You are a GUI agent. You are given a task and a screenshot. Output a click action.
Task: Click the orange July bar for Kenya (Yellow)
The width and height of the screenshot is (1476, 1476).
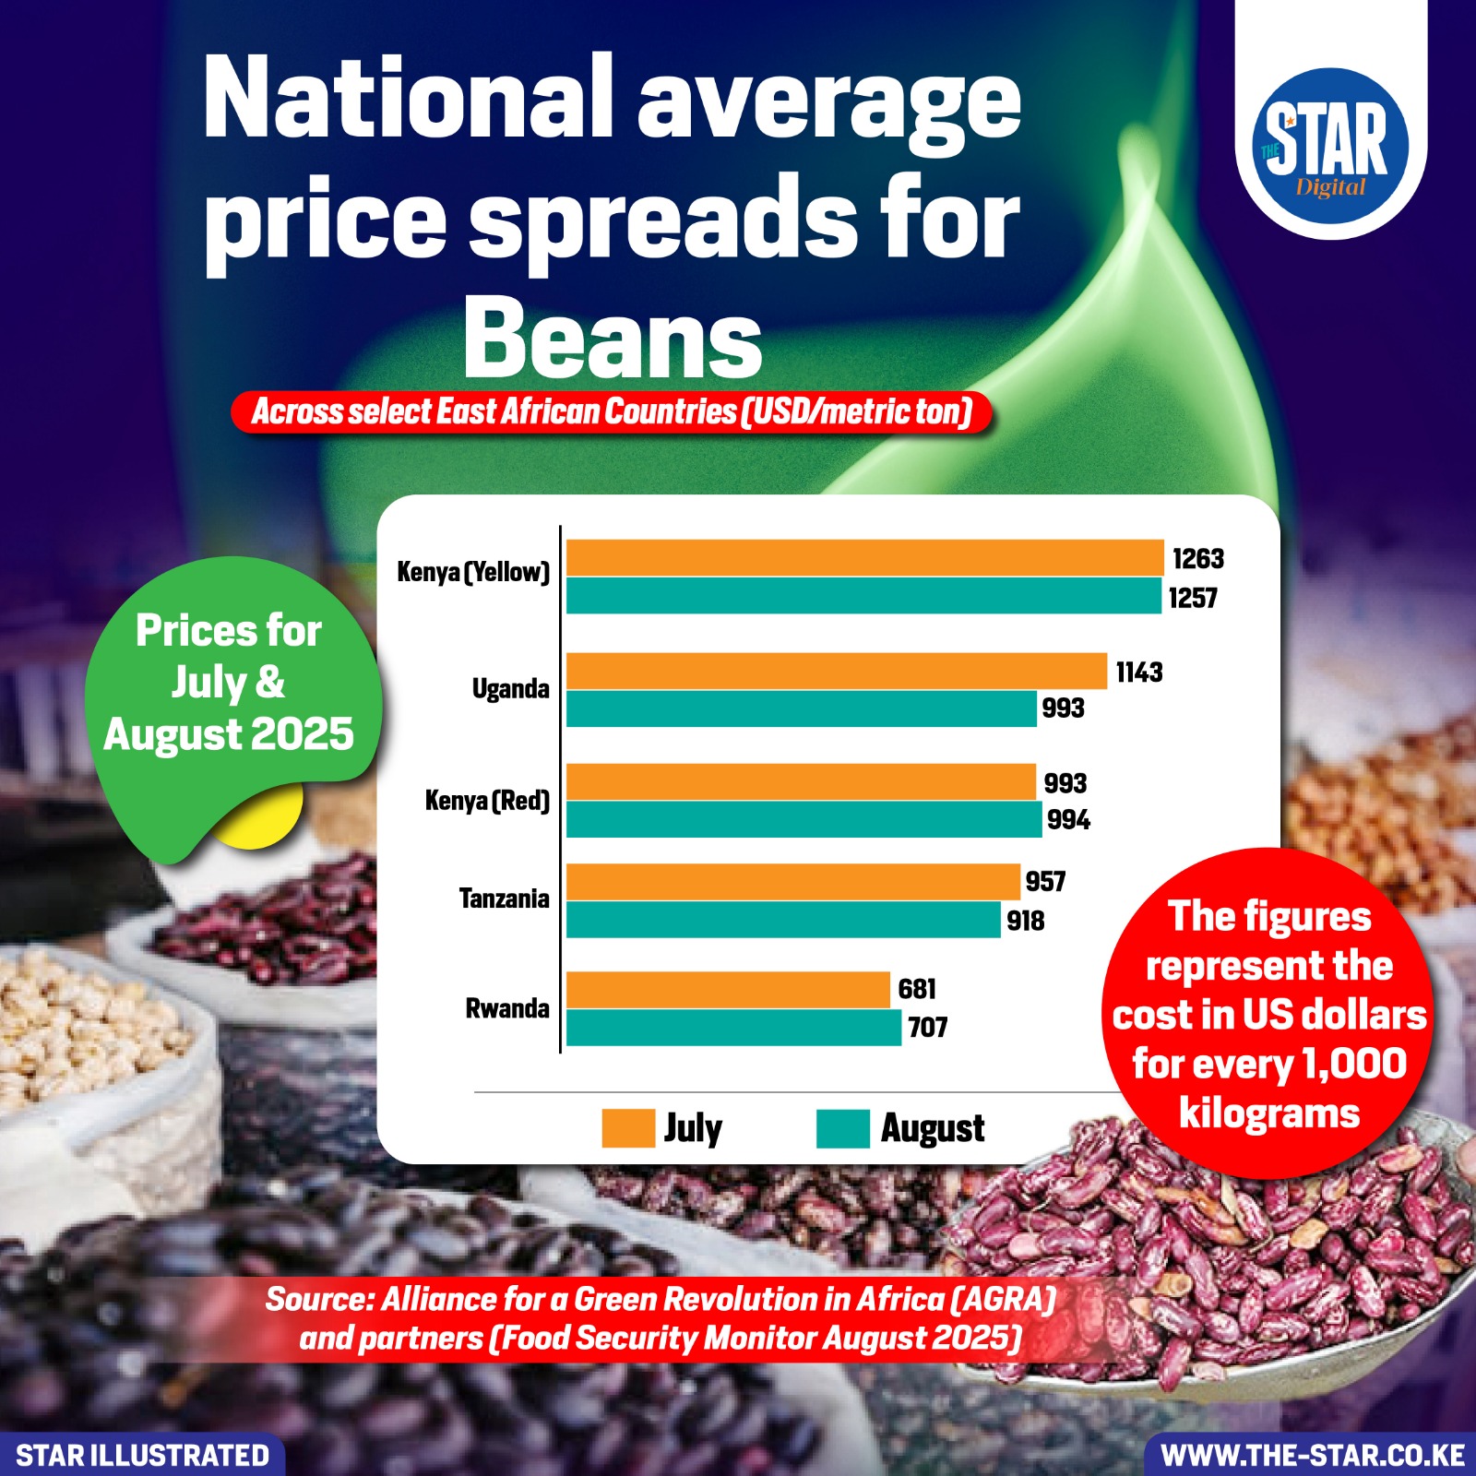coord(864,558)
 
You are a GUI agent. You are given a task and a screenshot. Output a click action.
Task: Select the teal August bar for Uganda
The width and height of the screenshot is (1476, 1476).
coord(801,709)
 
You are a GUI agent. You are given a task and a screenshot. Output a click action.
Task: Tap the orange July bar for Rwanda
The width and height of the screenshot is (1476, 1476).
coord(728,989)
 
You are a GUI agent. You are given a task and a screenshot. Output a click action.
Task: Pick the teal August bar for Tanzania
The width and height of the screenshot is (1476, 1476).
coord(783,920)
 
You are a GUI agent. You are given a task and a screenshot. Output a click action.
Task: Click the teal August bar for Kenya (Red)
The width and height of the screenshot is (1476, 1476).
coord(803,819)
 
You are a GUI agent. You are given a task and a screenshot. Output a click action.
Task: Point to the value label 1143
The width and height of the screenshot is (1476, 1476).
coord(1138,673)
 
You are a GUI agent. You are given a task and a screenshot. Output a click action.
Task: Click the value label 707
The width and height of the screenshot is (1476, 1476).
coord(927,1028)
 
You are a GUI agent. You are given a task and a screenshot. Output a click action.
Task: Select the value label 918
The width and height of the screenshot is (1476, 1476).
coord(1025,921)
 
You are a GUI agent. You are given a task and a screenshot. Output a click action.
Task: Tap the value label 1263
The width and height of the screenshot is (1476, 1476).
coord(1197,559)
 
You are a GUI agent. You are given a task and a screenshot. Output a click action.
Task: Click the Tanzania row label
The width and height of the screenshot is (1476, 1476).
coord(504,899)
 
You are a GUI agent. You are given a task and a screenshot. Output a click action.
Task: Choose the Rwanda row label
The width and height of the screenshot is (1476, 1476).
coord(506,1008)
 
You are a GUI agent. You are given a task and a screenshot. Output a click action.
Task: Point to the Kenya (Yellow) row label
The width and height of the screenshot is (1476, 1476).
coord(472,572)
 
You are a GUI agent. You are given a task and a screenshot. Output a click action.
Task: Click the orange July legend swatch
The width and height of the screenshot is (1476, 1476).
coord(627,1128)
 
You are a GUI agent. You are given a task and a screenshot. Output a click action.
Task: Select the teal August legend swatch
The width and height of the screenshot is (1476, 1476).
coord(842,1128)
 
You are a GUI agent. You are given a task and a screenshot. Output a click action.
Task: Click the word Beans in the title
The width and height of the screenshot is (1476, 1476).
coord(613,339)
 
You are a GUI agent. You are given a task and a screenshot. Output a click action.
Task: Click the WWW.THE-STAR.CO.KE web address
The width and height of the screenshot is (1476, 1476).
coord(1312,1456)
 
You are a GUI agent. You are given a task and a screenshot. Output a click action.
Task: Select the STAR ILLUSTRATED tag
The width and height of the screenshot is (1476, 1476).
coord(142,1456)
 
